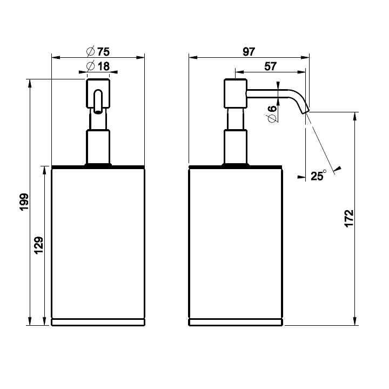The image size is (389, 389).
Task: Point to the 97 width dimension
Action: [x=249, y=52]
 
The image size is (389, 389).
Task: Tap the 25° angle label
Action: [x=319, y=175]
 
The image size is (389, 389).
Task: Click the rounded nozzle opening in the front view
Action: [x=98, y=103]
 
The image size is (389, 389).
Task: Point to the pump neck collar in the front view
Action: [x=98, y=146]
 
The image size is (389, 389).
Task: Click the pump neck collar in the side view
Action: [x=236, y=146]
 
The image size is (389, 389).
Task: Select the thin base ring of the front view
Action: [x=98, y=323]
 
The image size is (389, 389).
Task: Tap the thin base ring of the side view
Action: [x=236, y=323]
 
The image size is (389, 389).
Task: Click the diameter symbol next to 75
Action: [x=90, y=52]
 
